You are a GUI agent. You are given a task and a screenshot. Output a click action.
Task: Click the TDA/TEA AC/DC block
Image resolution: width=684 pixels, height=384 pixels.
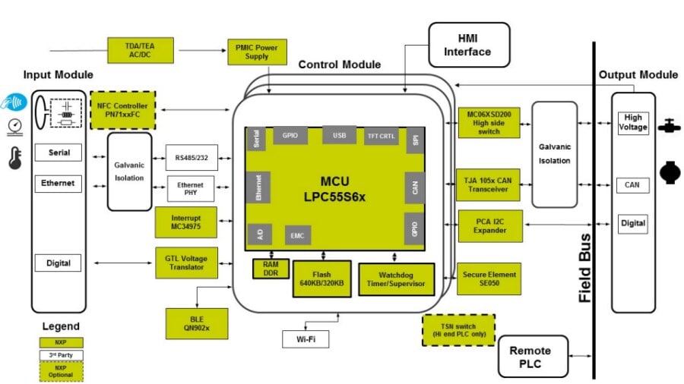pyautogui.click(x=140, y=49)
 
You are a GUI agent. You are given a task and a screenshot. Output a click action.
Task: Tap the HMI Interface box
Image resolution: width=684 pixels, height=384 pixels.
pyautogui.click(x=468, y=45)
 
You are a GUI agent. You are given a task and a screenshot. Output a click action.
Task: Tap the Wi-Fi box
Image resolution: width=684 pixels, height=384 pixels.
pyautogui.click(x=306, y=338)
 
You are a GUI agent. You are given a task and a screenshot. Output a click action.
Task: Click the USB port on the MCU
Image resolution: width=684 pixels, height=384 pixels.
pyautogui.click(x=339, y=136)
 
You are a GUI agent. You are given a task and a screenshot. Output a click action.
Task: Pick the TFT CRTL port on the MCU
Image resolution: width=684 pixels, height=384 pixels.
pyautogui.click(x=381, y=137)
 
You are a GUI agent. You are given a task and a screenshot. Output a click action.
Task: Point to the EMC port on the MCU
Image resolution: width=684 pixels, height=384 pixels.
pyautogui.click(x=298, y=234)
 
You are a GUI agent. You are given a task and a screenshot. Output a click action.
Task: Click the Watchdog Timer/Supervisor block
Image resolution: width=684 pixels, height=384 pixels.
pyautogui.click(x=395, y=279)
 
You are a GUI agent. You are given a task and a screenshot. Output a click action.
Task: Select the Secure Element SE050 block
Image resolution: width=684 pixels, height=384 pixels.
pyautogui.click(x=490, y=279)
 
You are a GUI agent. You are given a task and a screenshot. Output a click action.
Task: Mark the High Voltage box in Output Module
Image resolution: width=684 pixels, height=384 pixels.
pyautogui.click(x=632, y=123)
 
